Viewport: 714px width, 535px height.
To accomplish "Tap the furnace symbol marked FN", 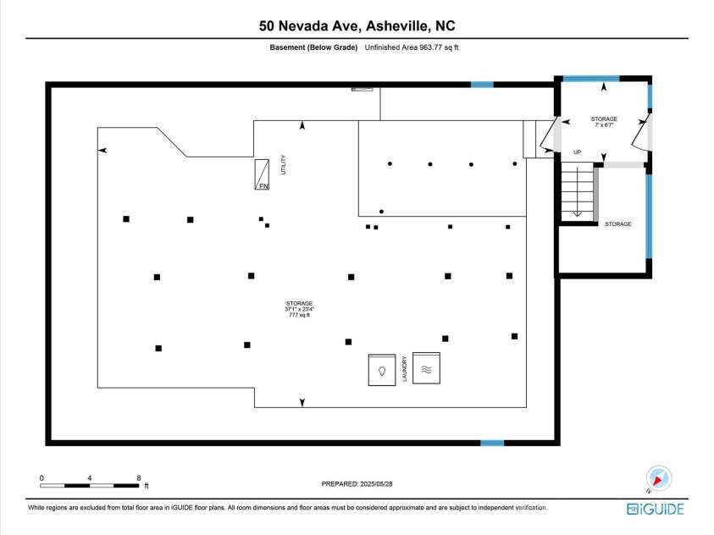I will click(263, 175).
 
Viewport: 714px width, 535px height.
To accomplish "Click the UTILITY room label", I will click(284, 164).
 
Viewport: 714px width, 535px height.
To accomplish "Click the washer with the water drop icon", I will click(382, 370).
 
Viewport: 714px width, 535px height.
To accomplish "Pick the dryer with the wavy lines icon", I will click(427, 368).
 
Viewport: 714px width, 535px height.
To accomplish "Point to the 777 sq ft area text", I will click(299, 316).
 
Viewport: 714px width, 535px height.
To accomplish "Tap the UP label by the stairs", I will click(578, 152).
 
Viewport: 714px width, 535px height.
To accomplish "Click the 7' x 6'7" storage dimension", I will click(604, 125).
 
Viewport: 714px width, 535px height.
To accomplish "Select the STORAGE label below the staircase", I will click(617, 223).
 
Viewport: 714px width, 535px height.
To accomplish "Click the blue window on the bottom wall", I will click(492, 442).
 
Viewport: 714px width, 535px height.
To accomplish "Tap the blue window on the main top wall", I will click(482, 84).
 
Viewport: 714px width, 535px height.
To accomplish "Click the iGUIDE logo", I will click(655, 508).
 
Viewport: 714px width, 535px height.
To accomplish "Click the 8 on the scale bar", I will click(139, 478).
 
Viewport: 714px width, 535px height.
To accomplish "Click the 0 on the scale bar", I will click(41, 478).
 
